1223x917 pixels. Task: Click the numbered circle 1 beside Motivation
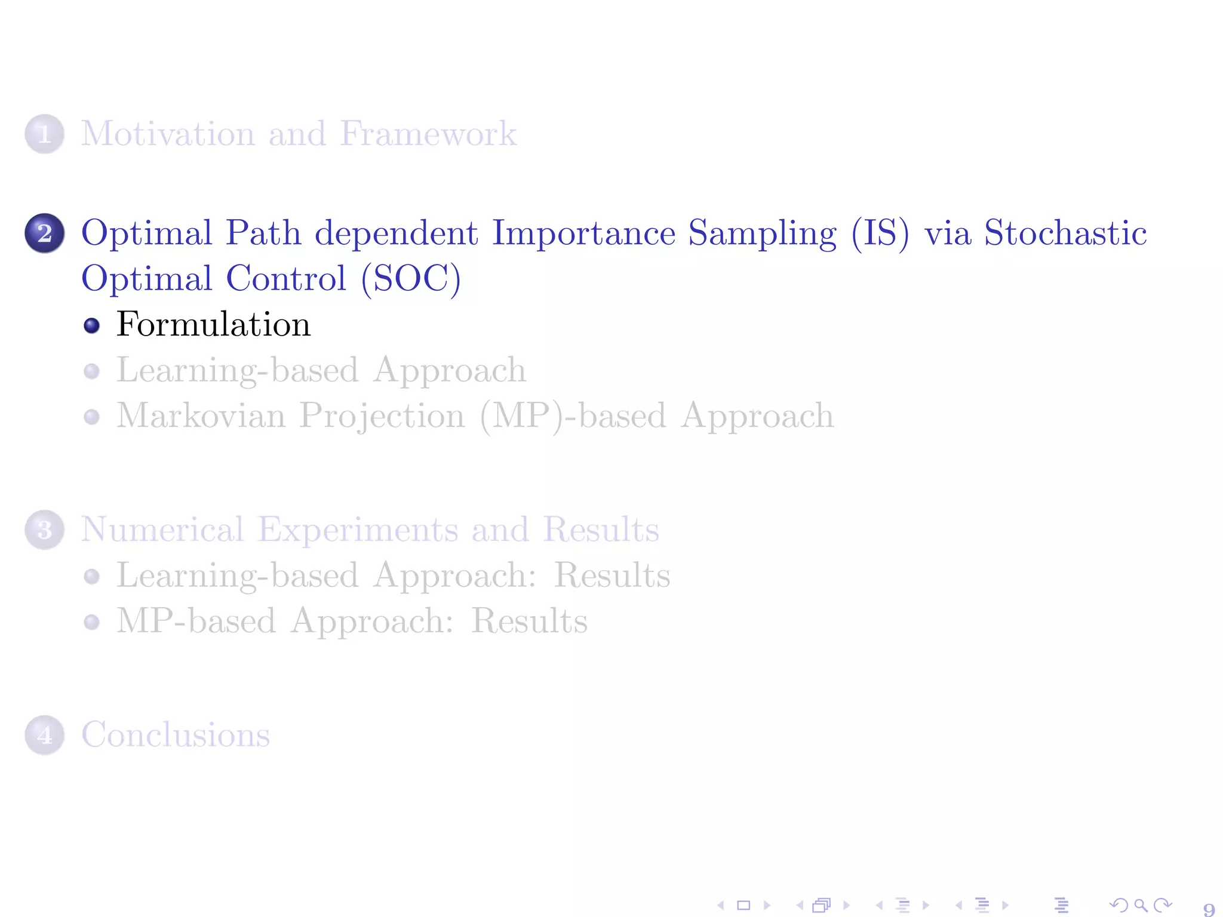(44, 134)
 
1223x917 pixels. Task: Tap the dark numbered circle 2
(44, 233)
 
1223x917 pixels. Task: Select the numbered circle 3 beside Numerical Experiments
(44, 530)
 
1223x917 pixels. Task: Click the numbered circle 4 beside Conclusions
(44, 735)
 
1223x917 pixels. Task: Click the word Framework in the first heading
(428, 134)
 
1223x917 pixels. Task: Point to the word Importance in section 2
(583, 233)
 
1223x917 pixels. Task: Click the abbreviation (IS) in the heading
(880, 233)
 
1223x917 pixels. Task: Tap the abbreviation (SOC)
(411, 279)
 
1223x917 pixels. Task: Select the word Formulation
(213, 325)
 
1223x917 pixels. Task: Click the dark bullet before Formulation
(91, 325)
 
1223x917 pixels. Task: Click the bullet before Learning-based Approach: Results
(91, 576)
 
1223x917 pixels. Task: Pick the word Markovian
(201, 416)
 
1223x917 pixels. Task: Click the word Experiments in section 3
(358, 530)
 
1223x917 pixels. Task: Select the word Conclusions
(176, 735)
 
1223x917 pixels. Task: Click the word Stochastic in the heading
(1065, 233)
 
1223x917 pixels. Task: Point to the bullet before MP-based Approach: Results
(91, 622)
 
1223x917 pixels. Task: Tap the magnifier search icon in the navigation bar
(1141, 905)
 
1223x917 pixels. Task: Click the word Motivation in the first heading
(168, 134)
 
